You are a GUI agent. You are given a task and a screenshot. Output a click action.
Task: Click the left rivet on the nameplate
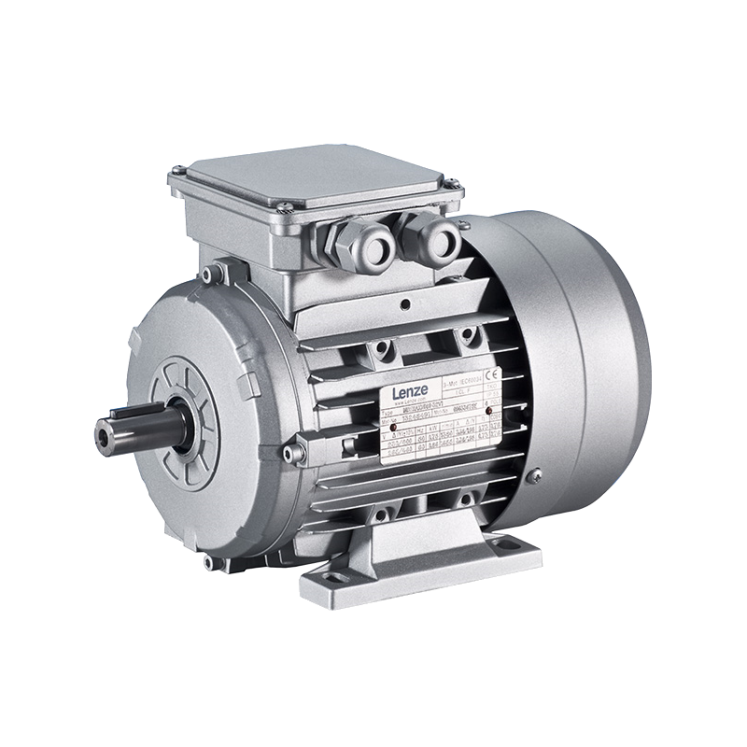(392, 428)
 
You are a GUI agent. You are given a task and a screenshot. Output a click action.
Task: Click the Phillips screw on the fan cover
(535, 477)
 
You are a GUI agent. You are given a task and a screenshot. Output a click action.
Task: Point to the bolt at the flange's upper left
(216, 273)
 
